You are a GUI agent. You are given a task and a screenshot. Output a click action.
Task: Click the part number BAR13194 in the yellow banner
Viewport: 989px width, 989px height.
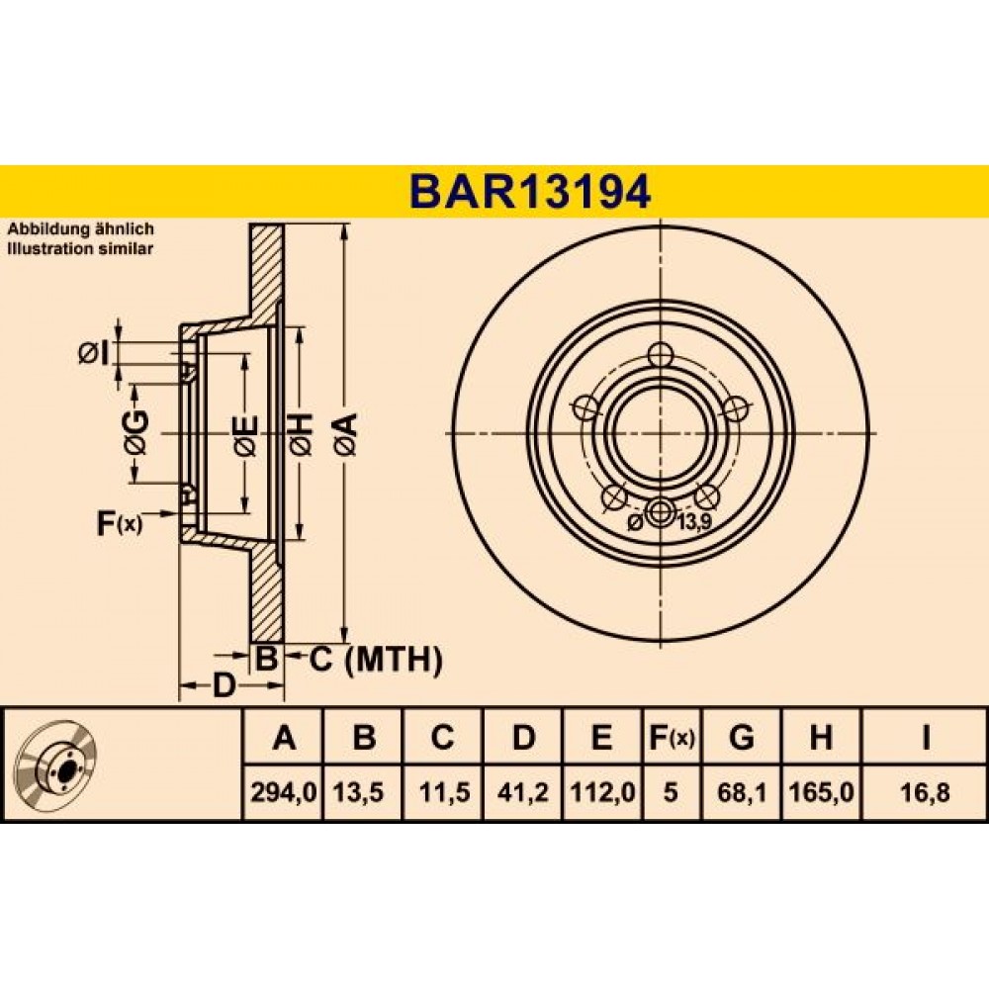pos(530,192)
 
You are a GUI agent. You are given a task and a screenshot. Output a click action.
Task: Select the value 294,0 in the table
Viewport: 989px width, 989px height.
pos(283,792)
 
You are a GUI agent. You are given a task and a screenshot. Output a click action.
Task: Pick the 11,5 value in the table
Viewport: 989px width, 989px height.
pos(444,792)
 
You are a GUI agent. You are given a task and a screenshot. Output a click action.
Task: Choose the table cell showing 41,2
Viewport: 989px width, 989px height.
pos(522,792)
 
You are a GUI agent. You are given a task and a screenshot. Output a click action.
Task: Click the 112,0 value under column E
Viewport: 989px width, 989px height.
pos(602,792)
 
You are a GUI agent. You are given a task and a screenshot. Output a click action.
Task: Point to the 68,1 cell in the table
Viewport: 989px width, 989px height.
pos(742,792)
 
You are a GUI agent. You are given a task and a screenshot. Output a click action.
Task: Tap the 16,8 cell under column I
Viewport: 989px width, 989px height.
pos(926,792)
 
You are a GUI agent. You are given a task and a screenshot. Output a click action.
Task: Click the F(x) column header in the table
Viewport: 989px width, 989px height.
pos(672,737)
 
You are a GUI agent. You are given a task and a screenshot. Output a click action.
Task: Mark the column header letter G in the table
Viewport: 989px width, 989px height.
pos(742,737)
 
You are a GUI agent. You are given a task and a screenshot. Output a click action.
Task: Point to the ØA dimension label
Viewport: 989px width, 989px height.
pos(349,434)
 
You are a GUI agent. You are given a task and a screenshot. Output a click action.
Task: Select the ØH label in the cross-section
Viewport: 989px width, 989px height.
pos(301,434)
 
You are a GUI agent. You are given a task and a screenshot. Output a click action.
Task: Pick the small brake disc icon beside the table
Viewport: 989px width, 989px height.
pos(57,763)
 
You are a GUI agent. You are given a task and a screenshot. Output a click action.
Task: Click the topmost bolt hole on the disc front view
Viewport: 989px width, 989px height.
pos(661,354)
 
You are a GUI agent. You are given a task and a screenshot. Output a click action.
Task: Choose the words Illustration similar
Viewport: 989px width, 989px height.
pos(80,248)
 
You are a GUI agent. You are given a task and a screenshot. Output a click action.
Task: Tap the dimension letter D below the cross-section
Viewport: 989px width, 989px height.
pos(223,685)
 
